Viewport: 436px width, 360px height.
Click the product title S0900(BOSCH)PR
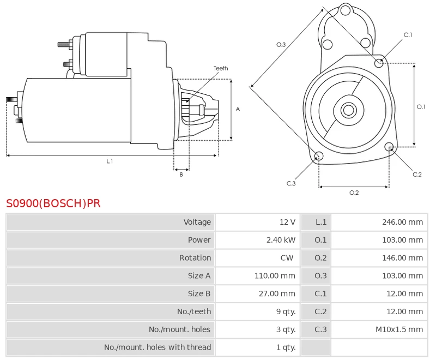pyautogui.click(x=53, y=203)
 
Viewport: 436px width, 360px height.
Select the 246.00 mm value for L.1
pyautogui.click(x=402, y=222)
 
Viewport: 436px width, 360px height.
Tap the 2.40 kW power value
pyautogui.click(x=281, y=240)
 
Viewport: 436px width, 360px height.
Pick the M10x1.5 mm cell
pyautogui.click(x=399, y=329)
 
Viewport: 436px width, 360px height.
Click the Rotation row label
pyautogui.click(x=195, y=258)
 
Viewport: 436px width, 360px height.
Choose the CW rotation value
pyautogui.click(x=287, y=258)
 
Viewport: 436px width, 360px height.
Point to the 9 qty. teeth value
pyautogui.click(x=286, y=311)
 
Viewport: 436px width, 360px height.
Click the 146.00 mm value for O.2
pyautogui.click(x=402, y=258)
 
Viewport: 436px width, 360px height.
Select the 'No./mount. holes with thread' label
pyautogui.click(x=158, y=347)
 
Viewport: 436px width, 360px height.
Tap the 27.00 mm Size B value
pyautogui.click(x=277, y=293)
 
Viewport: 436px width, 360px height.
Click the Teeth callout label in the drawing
pyautogui.click(x=221, y=68)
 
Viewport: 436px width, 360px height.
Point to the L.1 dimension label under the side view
pyautogui.click(x=110, y=161)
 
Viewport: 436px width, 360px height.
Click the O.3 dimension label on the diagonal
pyautogui.click(x=281, y=45)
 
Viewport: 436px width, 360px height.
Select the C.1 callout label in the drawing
pyautogui.click(x=408, y=35)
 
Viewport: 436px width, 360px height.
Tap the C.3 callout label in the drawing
pyautogui.click(x=291, y=183)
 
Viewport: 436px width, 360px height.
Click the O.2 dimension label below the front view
pyautogui.click(x=354, y=193)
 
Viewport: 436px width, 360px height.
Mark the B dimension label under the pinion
pyautogui.click(x=181, y=175)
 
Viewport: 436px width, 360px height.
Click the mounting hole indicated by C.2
pyautogui.click(x=389, y=147)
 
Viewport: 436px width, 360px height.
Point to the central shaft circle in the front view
pyautogui.click(x=348, y=110)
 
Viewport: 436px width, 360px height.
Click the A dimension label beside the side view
pyautogui.click(x=238, y=109)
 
